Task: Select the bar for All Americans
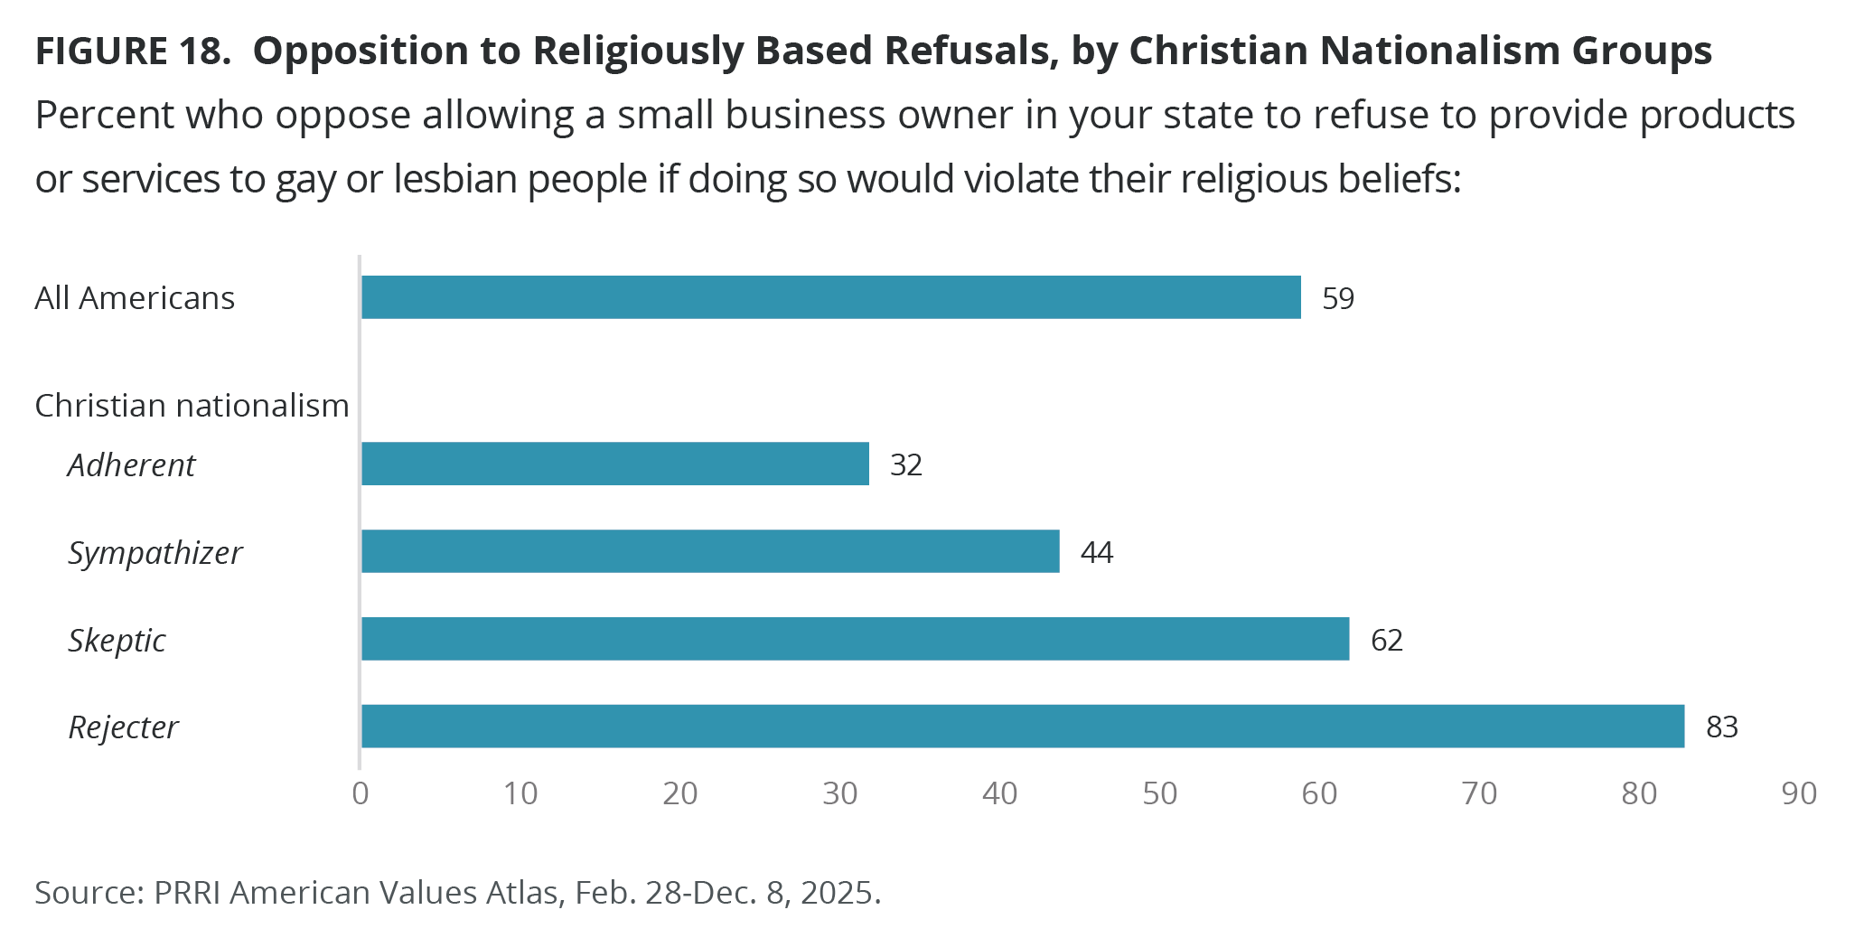pos(830,297)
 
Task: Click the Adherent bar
pos(614,464)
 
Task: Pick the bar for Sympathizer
pos(710,551)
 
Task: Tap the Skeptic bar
pos(855,639)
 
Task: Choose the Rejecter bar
pos(1022,727)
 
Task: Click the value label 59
pos(1338,298)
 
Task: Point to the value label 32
pos(906,464)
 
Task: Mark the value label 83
pos(1722,727)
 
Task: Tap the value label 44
pos(1097,552)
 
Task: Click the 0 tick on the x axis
pos(361,793)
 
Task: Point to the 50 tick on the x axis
pos(1160,793)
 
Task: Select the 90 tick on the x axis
pos(1799,793)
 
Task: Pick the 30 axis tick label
pos(840,793)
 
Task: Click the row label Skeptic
pos(117,640)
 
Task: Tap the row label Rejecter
pos(124,727)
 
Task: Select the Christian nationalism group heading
pos(192,406)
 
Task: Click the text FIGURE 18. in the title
pos(133,52)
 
